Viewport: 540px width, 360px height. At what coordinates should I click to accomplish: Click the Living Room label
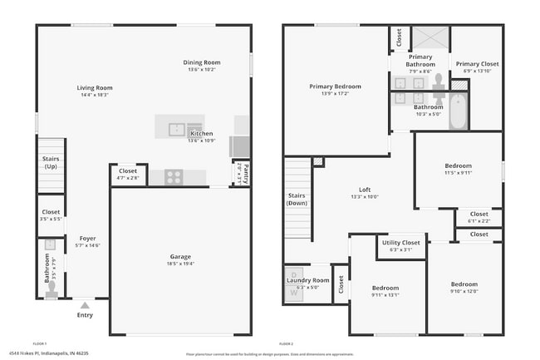(95, 87)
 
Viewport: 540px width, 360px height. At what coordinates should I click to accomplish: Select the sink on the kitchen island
(177, 129)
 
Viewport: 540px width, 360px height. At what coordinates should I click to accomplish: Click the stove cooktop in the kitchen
(174, 176)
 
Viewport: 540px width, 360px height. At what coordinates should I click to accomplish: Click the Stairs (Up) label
(50, 164)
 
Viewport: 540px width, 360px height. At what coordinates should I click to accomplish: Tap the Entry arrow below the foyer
(85, 305)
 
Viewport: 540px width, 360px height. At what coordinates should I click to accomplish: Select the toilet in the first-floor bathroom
(52, 289)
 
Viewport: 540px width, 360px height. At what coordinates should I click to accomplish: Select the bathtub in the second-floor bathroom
(458, 112)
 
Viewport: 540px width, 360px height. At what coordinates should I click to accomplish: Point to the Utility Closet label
(400, 243)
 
